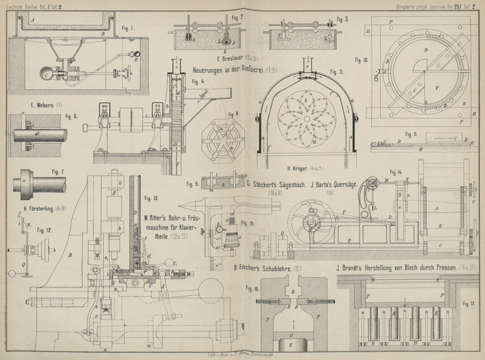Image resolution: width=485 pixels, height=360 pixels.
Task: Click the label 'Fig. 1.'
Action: pos(128,27)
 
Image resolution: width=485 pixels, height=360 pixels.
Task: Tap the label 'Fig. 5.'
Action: pos(336,72)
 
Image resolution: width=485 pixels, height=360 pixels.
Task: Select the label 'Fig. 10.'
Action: pos(361,60)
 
